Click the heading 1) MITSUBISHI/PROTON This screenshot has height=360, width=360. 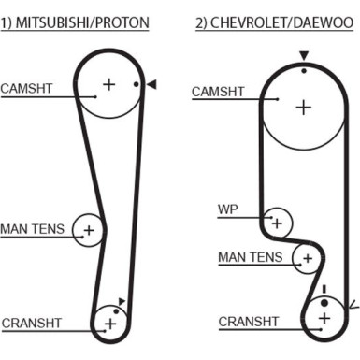(x=75, y=22)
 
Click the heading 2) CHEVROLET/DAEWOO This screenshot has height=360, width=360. (x=275, y=22)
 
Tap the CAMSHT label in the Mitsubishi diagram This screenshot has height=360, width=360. (x=26, y=89)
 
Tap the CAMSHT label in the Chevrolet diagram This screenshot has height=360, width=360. (x=218, y=92)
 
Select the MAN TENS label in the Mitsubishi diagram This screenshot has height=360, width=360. (x=33, y=229)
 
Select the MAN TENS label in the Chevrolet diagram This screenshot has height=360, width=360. (x=251, y=257)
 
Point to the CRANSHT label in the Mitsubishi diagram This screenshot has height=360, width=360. (x=32, y=323)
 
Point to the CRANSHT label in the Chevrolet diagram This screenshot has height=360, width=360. (x=249, y=322)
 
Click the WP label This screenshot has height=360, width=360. (x=228, y=209)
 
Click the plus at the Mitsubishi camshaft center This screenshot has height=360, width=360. (x=109, y=84)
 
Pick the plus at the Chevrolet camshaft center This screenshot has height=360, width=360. (x=304, y=108)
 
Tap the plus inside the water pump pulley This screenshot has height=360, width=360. (x=277, y=223)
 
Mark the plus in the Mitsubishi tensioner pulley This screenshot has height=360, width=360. (x=89, y=230)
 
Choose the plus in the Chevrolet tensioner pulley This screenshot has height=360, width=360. (x=308, y=258)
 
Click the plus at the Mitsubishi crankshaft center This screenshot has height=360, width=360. (x=110, y=324)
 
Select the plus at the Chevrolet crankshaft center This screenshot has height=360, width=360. (x=324, y=318)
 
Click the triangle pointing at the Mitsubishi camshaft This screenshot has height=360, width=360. (x=151, y=84)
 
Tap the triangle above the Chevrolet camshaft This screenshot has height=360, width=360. (x=304, y=56)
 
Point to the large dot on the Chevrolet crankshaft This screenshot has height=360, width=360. (x=324, y=303)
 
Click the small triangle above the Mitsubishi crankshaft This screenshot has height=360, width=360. (x=122, y=301)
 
